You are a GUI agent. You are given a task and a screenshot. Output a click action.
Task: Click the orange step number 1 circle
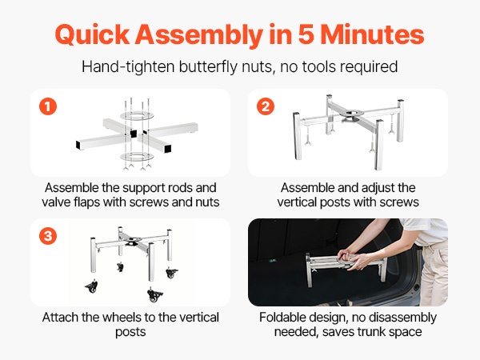[x=48, y=106]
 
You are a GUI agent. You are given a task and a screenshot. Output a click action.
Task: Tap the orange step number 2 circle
[x=266, y=106]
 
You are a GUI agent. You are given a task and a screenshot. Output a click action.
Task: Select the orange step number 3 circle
[x=48, y=236]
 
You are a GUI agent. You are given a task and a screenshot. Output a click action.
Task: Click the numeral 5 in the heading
[x=306, y=34]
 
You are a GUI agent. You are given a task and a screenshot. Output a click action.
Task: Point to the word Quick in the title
[x=93, y=35]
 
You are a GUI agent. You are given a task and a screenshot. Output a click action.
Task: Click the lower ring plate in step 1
[x=137, y=157]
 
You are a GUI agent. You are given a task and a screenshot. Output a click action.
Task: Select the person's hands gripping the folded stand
[x=354, y=258]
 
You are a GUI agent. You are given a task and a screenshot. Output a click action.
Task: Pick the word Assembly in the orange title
[x=199, y=35]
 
